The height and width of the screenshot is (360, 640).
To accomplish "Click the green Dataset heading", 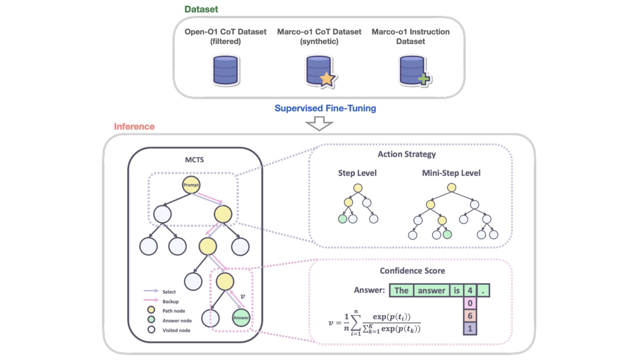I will pos(201,9).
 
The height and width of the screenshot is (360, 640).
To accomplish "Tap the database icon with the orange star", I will pos(320,71).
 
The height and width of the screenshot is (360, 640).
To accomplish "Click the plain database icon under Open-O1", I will pos(226,71).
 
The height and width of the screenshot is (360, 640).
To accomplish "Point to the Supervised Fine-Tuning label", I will pos(325,108).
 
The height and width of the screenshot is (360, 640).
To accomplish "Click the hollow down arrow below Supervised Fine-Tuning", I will pos(319,124).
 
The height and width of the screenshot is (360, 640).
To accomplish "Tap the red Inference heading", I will pos(134,127).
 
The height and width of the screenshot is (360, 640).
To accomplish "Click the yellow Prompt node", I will pos(191,185).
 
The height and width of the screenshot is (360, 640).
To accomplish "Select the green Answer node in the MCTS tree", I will pos(241,318).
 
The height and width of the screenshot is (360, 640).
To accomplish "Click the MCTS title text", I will pos(194,160).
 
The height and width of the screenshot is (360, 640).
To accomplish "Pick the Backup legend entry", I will pos(170,301).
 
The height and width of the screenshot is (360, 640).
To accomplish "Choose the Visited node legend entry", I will pos(176,330).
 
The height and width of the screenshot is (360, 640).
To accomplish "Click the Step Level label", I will pos(357,173).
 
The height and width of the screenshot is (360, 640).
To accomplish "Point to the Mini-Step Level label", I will pos(451,173).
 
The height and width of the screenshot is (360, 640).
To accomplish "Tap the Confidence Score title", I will pos(412,271).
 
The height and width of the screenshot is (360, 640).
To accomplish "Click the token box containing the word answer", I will pos(431,291).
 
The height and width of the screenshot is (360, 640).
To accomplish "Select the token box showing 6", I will pos(470,316).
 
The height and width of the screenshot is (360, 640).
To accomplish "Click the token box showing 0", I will pos(470,303).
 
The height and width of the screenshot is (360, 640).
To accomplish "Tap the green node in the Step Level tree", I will pos(342,219).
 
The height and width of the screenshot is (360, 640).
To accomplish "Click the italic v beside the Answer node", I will pos(243,296).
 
